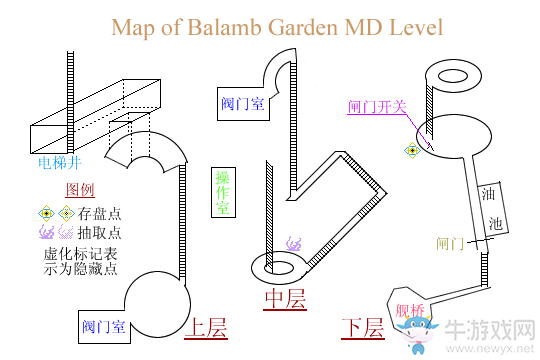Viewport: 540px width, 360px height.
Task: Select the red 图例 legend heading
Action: coord(80,190)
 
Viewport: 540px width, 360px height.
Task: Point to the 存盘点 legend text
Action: coord(100,212)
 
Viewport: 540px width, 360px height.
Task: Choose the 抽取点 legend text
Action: coord(100,231)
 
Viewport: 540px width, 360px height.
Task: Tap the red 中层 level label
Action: coord(285,299)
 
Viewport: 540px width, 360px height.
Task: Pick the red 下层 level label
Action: coord(362,327)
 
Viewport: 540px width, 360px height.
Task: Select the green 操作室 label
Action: coord(222,191)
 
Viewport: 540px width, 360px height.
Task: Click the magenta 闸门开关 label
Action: coord(376,107)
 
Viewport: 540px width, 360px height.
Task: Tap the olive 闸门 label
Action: coord(451,243)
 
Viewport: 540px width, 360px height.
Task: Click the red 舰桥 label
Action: coord(410,310)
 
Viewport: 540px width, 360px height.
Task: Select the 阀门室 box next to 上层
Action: coord(104,326)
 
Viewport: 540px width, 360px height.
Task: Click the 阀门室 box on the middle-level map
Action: coord(243,102)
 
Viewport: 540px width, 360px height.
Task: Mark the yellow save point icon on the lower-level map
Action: coord(411,151)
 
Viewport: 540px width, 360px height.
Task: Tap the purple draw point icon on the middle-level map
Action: coord(294,242)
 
